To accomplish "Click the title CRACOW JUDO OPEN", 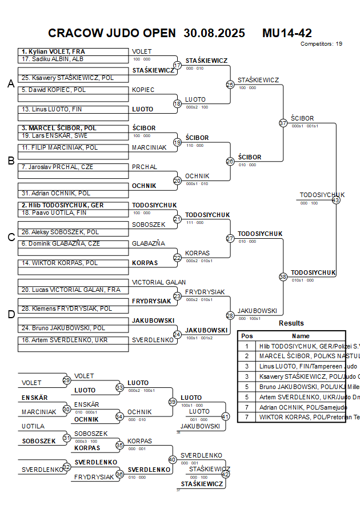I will point(112,33).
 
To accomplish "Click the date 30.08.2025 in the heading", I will point(214,33).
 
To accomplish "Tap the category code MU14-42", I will point(287,33).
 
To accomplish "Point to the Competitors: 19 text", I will point(321,43).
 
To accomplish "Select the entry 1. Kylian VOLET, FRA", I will point(54,51).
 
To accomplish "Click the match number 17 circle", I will point(177,65).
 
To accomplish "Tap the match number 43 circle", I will point(336,200).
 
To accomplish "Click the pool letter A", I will point(10,84).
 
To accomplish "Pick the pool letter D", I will point(10,314).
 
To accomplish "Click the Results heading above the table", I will point(291,323).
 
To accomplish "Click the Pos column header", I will point(247,336).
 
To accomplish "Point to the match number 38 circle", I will point(283,276).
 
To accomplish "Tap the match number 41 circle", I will point(225,416).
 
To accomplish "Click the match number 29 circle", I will point(66,380).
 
